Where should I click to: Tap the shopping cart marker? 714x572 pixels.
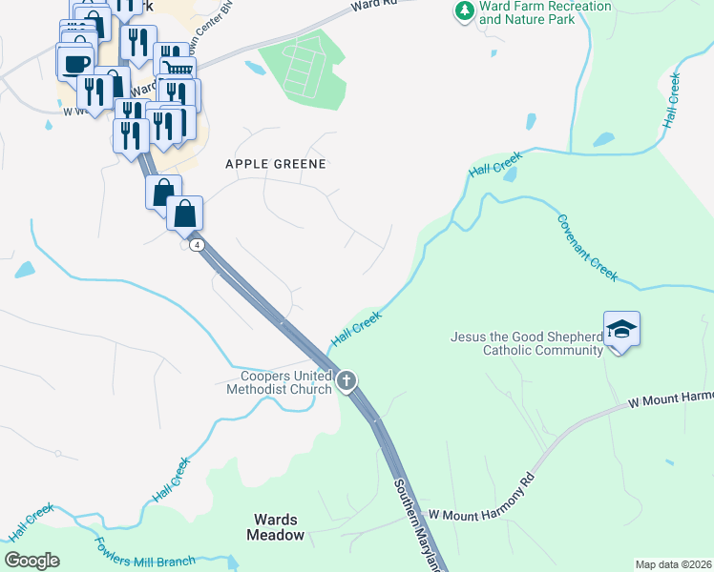178,69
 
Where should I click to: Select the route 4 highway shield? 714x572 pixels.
196,245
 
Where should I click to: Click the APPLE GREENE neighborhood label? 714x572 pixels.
276,164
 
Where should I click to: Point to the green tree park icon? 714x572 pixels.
465,11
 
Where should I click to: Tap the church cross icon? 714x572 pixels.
346,381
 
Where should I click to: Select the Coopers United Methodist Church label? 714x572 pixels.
279,381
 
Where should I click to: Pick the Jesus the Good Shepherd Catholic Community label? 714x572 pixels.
527,343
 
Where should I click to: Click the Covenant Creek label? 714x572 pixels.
588,246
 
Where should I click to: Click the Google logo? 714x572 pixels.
31,561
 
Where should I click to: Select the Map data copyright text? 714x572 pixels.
673,564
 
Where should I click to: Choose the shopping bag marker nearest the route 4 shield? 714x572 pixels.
185,213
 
